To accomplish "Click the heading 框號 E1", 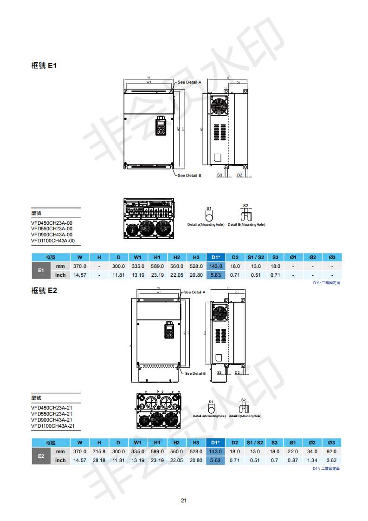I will (44, 66).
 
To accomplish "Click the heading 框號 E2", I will (44, 291).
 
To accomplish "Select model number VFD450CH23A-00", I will (52, 223).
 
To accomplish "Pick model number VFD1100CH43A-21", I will (52, 426).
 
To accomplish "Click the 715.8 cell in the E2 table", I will (99, 451).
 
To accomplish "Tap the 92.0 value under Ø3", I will (332, 451).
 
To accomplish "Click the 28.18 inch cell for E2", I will (99, 460).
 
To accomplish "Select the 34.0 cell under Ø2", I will (312, 451).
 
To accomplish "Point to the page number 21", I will (184, 500).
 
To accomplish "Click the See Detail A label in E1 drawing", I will (189, 82).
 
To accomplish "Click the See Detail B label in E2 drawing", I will (195, 373).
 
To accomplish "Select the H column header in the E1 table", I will (99, 257).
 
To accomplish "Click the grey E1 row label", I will (41, 270).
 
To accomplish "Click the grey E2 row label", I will (41, 456).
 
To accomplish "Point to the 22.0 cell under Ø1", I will (293, 451).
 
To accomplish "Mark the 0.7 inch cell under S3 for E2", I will (275, 460).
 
